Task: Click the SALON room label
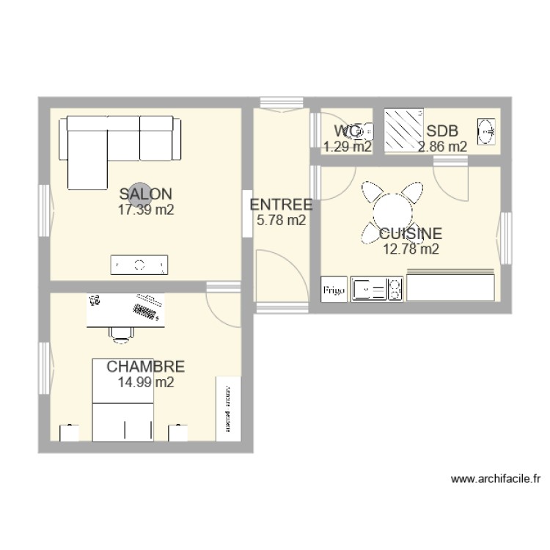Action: tap(146, 194)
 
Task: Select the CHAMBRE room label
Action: tap(145, 367)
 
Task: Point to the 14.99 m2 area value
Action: tap(145, 381)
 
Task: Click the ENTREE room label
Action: tap(281, 205)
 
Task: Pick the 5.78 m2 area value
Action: tap(281, 219)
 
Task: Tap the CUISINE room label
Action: tap(411, 234)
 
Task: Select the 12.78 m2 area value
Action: tap(411, 249)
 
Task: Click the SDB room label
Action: tap(442, 131)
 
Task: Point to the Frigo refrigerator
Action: tap(334, 290)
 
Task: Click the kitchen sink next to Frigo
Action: tap(369, 289)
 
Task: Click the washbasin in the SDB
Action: tap(485, 131)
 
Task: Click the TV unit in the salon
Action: tap(139, 265)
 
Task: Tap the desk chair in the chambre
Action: tap(121, 334)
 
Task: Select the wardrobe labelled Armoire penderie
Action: tap(229, 408)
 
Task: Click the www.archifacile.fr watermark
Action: tap(495, 479)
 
